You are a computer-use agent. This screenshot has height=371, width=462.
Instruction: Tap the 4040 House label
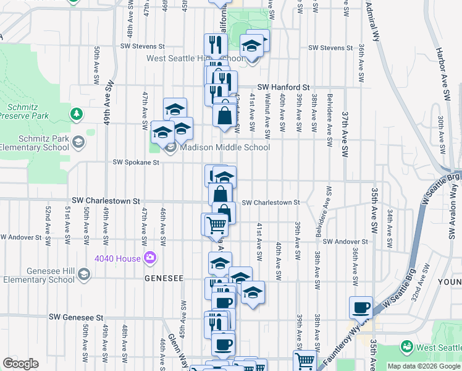click(x=119, y=257)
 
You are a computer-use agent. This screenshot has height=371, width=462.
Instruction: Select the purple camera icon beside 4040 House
click(x=149, y=257)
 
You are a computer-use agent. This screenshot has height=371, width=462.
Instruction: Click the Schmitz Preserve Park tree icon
click(x=76, y=114)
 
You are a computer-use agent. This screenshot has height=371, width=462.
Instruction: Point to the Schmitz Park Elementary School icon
click(x=78, y=143)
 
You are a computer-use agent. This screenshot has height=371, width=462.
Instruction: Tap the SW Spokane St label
click(x=136, y=163)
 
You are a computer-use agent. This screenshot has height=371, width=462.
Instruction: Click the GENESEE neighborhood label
click(x=164, y=279)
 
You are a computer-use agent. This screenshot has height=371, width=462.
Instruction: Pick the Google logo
click(x=20, y=364)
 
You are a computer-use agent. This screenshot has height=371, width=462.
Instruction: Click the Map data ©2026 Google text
click(x=424, y=366)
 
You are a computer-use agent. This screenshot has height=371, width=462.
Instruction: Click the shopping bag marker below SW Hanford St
click(x=224, y=116)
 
